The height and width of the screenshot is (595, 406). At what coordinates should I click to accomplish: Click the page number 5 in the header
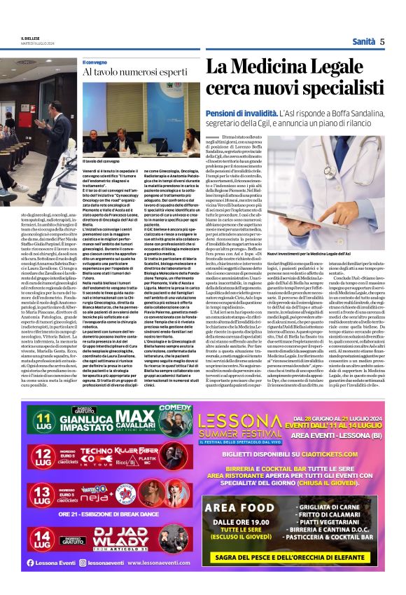point(382,41)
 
